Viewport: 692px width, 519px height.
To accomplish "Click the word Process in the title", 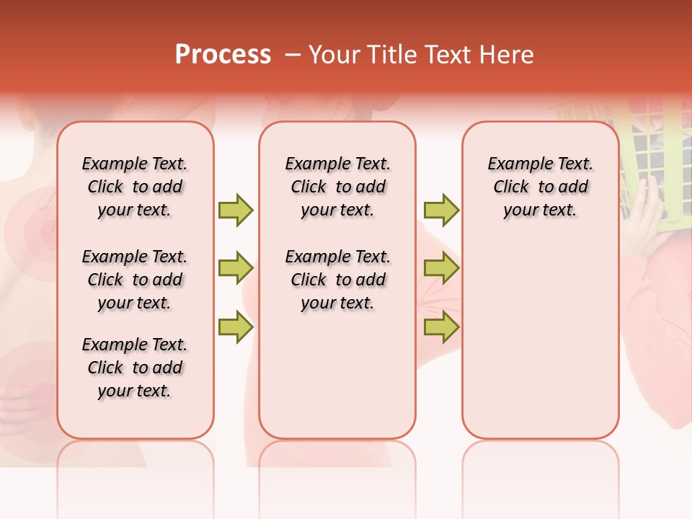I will point(223,55).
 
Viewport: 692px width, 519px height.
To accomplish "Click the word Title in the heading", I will point(389,55).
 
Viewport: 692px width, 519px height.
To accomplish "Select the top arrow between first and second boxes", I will point(236,210).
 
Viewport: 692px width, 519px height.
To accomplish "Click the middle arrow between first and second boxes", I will point(236,269).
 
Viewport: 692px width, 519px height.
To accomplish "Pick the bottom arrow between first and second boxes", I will point(236,327).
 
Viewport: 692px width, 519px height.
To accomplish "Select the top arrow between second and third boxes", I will point(441,210).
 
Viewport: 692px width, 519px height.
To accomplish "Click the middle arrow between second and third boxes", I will point(441,269).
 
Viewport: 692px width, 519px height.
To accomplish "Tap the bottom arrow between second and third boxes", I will point(441,327).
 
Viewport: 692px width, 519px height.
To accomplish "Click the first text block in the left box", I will point(135,187).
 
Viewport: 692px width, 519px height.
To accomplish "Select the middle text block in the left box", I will point(135,280).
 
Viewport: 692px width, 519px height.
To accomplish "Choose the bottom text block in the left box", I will point(135,368).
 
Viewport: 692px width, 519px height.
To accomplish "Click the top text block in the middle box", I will point(337,187).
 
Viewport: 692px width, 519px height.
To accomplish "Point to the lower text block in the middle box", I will point(337,280).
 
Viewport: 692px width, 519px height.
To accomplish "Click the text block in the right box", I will point(540,187).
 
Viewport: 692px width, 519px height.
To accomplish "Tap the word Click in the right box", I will point(511,187).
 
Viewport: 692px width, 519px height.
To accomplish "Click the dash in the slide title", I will point(293,55).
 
